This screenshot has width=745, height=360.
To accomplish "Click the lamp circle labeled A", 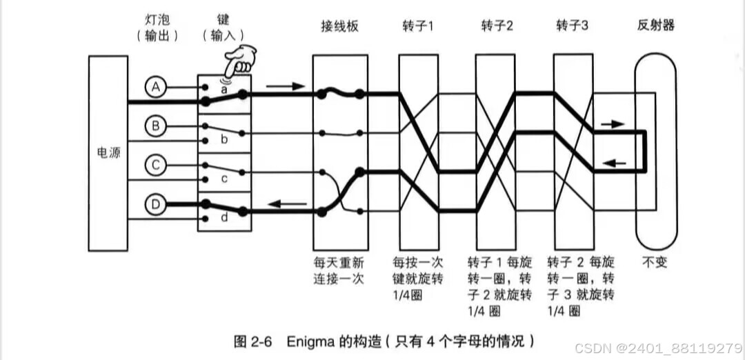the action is tap(156, 87).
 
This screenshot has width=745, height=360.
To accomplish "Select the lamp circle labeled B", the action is tap(156, 126).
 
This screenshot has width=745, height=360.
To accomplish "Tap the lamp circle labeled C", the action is tap(156, 166).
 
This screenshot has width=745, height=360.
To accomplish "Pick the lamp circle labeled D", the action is tap(156, 205).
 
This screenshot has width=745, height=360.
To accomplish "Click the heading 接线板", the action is tap(340, 26).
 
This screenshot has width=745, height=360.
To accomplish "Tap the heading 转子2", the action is tap(497, 26).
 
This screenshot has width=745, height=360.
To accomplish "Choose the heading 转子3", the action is tap(573, 26).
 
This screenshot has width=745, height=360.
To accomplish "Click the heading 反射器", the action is tap(655, 26).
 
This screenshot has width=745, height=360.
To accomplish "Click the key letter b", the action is tap(223, 139).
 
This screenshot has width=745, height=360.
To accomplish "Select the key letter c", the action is tap(223, 179).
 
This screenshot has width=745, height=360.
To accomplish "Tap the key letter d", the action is tap(223, 218).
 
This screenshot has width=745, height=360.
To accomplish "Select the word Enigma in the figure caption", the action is tap(310, 341).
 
